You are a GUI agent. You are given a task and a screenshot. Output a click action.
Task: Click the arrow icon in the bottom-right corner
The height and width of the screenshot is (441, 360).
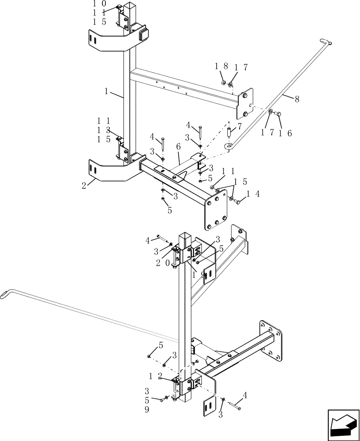point(342,424)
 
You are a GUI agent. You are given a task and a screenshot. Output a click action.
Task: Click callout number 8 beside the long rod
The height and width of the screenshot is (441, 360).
point(297,99)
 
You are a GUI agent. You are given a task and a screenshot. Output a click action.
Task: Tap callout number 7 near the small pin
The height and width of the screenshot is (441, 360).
point(239,127)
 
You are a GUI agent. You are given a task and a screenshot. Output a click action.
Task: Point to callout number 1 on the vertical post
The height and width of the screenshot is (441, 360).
point(106,92)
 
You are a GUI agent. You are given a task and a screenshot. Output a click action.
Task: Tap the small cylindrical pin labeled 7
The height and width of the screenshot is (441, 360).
point(229,132)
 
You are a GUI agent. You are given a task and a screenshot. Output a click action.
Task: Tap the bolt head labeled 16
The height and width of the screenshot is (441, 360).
point(278,115)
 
